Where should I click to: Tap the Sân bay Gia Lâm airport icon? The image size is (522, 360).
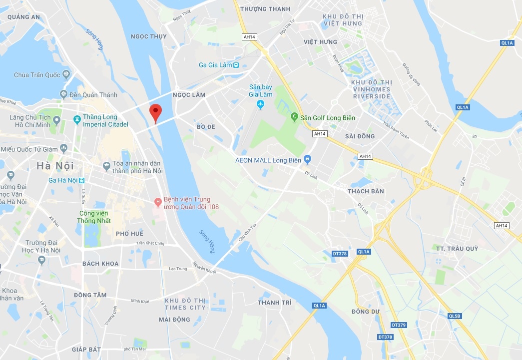[260, 104]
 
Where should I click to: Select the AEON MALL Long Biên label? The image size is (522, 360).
[269, 160]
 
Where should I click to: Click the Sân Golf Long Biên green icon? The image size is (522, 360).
[295, 117]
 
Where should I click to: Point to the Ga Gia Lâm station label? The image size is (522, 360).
[215, 65]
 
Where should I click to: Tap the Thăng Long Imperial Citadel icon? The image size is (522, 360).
[76, 120]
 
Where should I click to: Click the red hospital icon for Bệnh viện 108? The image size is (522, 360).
[158, 202]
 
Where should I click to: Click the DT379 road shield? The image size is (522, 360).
[399, 325]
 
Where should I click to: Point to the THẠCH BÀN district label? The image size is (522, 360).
[366, 191]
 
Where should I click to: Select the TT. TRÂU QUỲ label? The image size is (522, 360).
[457, 249]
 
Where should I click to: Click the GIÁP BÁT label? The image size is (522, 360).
[86, 349]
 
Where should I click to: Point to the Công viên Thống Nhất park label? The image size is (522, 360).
[94, 217]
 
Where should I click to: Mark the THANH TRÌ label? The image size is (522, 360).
[275, 303]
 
